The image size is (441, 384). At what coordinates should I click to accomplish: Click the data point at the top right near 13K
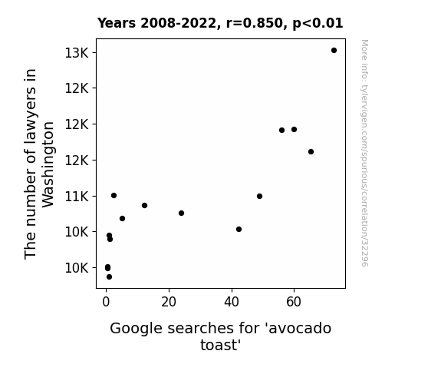coord(334,51)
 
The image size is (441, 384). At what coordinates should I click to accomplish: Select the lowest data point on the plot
coord(109,277)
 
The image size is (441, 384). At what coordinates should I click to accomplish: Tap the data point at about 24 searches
coord(182,213)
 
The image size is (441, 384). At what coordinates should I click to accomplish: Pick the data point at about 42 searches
coord(239,230)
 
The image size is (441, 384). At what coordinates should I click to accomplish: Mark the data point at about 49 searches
coord(259,196)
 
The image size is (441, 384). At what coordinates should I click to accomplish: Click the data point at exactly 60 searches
coord(294,129)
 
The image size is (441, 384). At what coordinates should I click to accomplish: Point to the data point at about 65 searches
coord(311,151)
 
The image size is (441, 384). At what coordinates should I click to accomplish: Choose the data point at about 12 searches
coord(144,205)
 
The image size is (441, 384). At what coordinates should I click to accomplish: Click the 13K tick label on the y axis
coord(77,53)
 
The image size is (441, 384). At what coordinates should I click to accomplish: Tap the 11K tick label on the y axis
coord(77,197)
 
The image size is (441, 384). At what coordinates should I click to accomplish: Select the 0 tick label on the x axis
coord(106,302)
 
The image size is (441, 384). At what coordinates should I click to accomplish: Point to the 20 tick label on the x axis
coord(169,302)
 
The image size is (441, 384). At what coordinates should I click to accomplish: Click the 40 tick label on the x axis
coord(232,302)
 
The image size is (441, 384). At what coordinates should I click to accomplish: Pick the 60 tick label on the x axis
coord(294,302)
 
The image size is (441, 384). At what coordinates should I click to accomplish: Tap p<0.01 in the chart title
coord(318,24)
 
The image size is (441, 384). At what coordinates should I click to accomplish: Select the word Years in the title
coord(117,23)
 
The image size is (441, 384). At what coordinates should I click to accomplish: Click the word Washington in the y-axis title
coord(48,164)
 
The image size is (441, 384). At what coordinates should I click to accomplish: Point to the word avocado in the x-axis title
coord(300,328)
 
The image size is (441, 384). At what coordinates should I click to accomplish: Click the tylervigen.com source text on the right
coord(364,153)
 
